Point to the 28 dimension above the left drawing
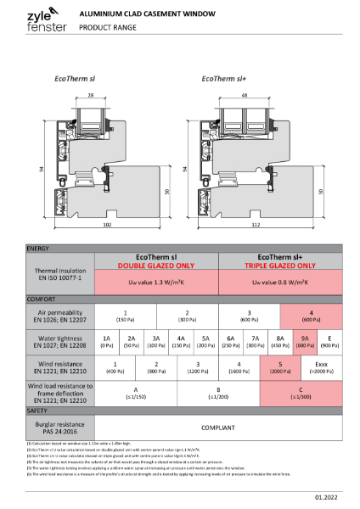pyautogui.click(x=113, y=96)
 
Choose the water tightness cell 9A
pyautogui.click(x=305, y=340)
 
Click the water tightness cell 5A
pyautogui.click(x=205, y=340)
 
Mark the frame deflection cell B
pyautogui.click(x=218, y=393)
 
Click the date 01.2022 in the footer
pyautogui.click(x=325, y=500)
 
